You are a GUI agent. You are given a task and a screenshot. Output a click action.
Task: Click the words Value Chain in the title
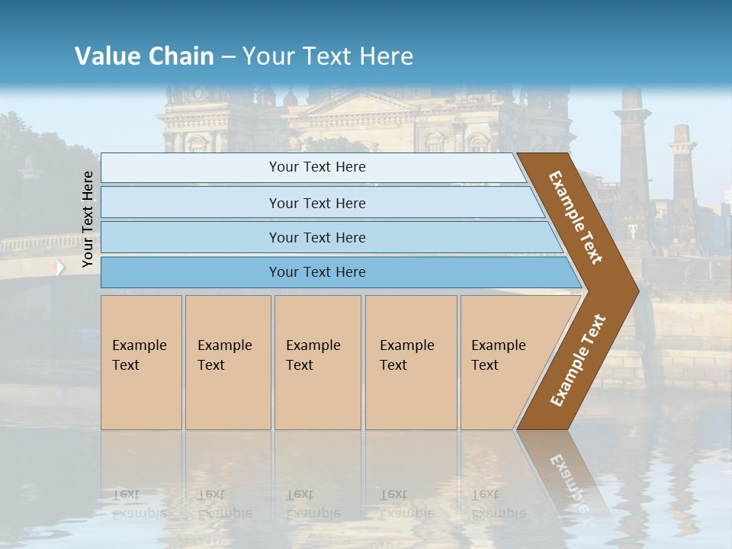pos(144,56)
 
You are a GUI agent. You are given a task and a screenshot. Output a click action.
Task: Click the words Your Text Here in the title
pos(328,56)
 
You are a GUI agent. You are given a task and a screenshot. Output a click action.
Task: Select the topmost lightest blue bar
pos(317,167)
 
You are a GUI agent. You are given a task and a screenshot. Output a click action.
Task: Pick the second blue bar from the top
pos(317,203)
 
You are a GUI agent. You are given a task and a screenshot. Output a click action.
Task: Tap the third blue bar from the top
pos(317,237)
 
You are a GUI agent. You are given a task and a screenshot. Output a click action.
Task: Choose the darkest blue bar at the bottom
pos(317,272)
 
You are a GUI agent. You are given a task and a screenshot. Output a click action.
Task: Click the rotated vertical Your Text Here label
pos(88,219)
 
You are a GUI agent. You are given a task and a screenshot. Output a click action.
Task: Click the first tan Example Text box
pos(141,362)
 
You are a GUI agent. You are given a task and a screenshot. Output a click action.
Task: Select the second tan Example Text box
pos(227,362)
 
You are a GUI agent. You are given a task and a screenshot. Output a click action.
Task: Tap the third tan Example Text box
pos(317,362)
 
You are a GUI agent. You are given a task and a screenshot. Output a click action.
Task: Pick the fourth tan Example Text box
pos(411,362)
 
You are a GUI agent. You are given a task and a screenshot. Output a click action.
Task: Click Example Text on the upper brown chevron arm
pos(576,217)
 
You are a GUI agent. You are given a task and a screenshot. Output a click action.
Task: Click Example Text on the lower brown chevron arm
pos(577,360)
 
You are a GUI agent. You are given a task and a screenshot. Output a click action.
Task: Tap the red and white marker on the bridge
pos(59,268)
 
